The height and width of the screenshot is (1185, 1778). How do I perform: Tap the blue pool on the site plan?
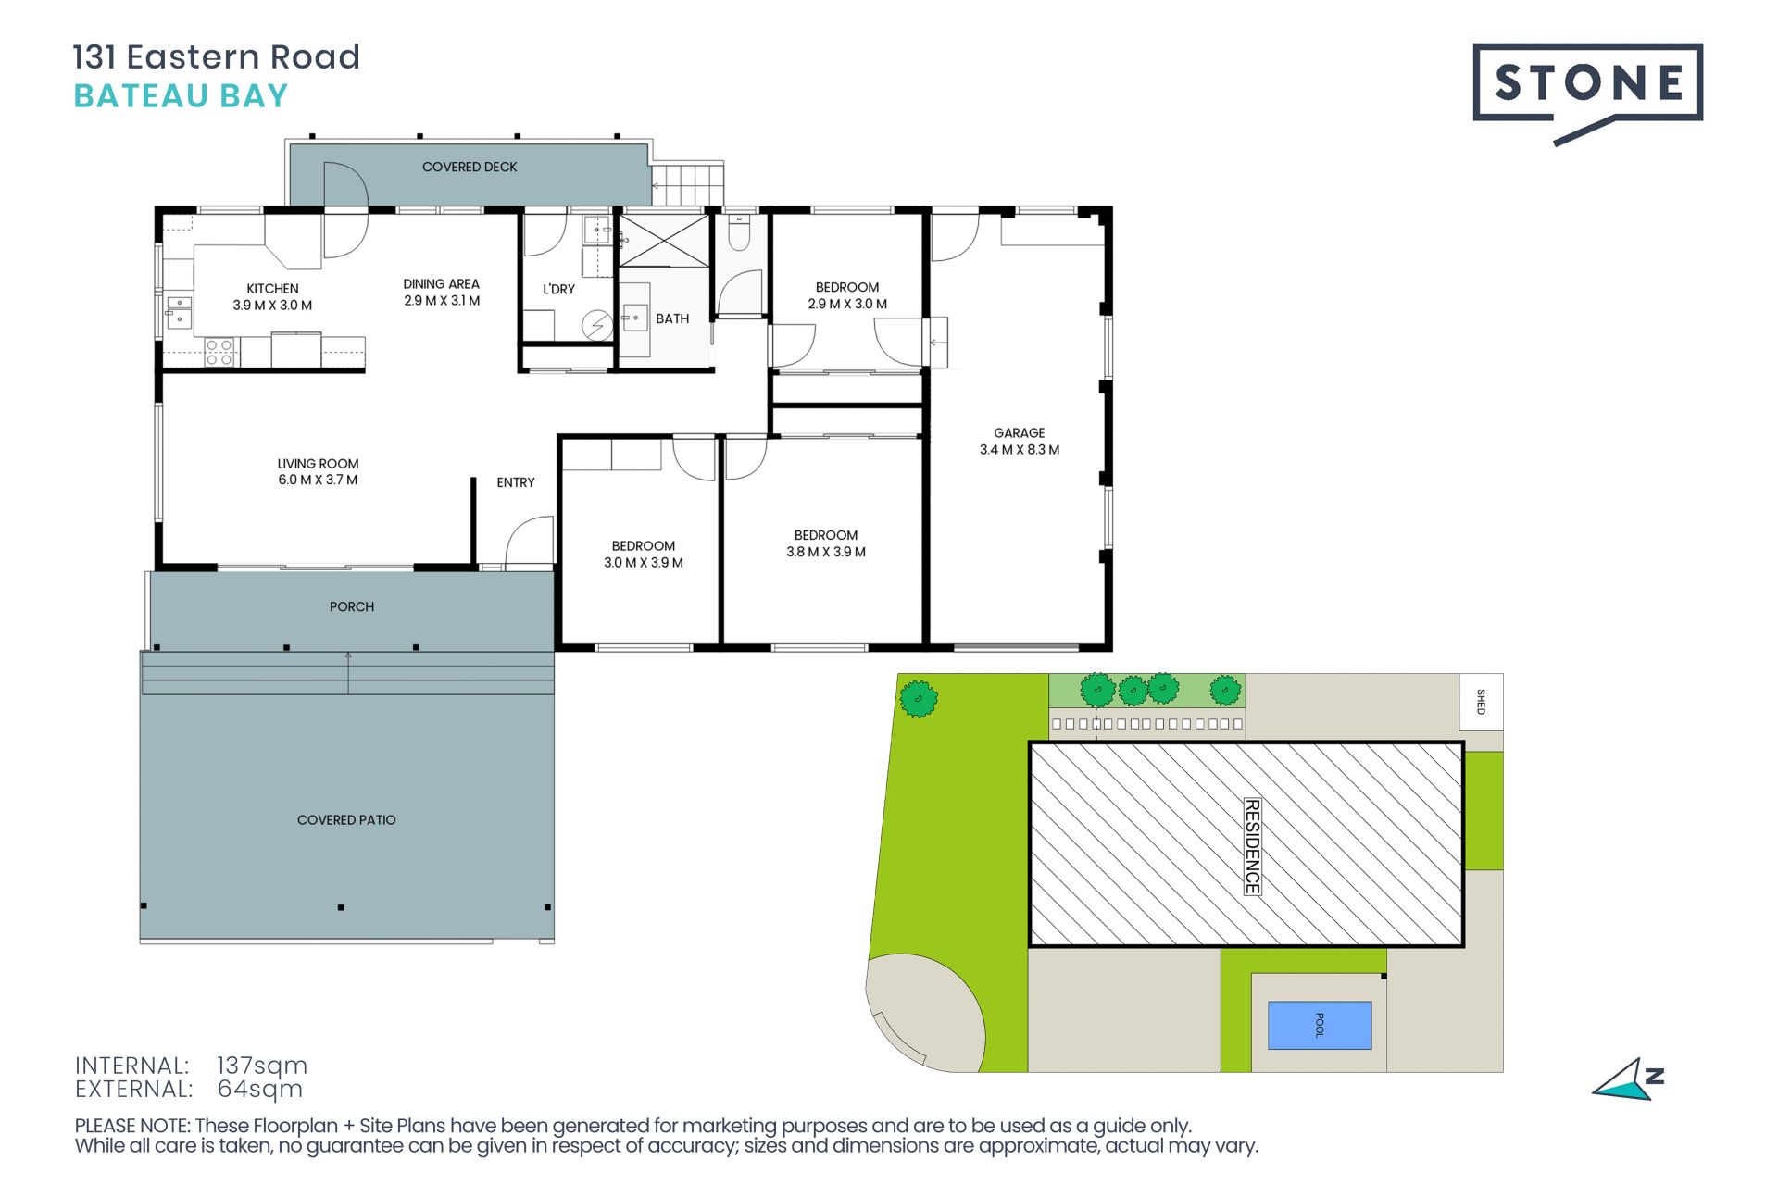(x=1319, y=1025)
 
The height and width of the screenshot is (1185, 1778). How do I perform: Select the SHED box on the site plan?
(x=1481, y=702)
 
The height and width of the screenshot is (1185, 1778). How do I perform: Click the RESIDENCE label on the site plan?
(x=1252, y=846)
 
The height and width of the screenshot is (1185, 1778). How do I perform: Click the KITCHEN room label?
(x=272, y=289)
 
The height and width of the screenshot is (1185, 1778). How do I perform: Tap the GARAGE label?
(x=1019, y=432)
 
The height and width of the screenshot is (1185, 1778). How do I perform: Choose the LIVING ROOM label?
(x=318, y=463)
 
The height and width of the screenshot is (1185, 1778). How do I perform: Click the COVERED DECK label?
(x=470, y=167)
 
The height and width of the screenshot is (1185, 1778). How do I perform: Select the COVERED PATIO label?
(x=346, y=819)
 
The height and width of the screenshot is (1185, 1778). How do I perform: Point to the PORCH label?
(x=352, y=606)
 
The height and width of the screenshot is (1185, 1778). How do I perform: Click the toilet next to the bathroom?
(x=739, y=234)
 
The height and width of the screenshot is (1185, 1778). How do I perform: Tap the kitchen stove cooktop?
(x=220, y=353)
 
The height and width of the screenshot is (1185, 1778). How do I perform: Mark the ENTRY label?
(x=516, y=482)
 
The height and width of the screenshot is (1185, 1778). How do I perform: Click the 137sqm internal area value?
(x=262, y=1066)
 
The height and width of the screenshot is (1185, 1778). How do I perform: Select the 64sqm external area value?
(x=260, y=1089)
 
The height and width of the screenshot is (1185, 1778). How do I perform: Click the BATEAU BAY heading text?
(x=182, y=96)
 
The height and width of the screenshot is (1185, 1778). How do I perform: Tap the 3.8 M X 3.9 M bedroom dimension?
(x=826, y=552)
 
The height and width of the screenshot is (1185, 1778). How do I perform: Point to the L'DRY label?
(x=558, y=289)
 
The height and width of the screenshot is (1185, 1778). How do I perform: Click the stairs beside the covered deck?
(x=687, y=184)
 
